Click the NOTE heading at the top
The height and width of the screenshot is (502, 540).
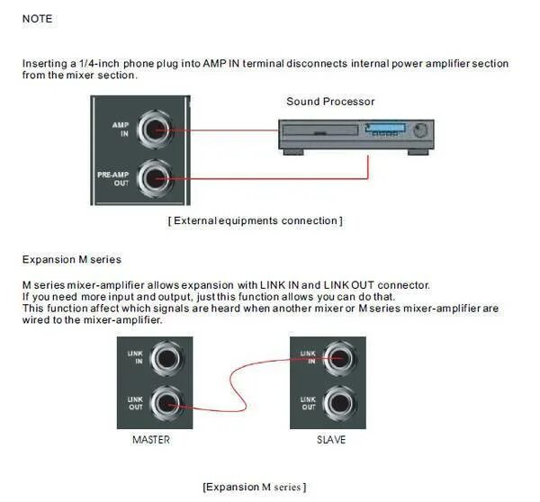(37, 18)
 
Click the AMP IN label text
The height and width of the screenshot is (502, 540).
(120, 130)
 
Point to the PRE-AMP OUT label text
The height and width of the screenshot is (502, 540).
(114, 178)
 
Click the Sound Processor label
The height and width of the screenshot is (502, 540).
(330, 102)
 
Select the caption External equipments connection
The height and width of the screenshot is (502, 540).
(255, 220)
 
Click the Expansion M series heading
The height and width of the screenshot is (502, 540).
(71, 260)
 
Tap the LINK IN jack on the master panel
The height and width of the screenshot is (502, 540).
(168, 360)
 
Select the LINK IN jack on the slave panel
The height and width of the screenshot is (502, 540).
(342, 360)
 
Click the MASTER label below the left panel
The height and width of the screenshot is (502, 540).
(151, 440)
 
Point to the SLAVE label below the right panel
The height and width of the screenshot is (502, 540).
(330, 440)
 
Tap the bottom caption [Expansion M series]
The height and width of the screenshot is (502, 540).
(255, 487)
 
